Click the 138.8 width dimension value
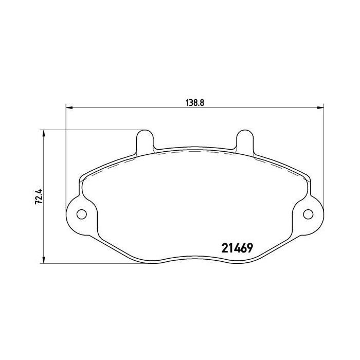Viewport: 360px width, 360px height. tap(195, 101)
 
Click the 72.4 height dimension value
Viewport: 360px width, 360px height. tap(37, 197)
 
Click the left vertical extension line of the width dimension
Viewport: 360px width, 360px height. tap(66, 154)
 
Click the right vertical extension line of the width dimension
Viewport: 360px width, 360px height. tap(323, 154)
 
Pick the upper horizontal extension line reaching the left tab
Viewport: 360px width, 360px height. tap(93, 130)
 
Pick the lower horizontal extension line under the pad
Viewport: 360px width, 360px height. tap(93, 264)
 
